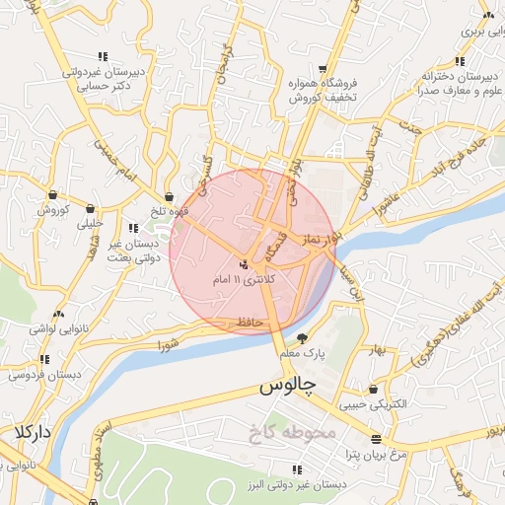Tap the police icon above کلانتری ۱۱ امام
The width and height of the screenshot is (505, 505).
(244, 264)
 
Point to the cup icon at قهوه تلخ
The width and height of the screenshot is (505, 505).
(171, 196)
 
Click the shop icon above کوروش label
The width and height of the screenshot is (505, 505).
(51, 194)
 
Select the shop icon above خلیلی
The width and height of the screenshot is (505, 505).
(92, 208)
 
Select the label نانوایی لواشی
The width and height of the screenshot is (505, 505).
(46, 326)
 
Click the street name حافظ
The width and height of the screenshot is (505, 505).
(248, 323)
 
